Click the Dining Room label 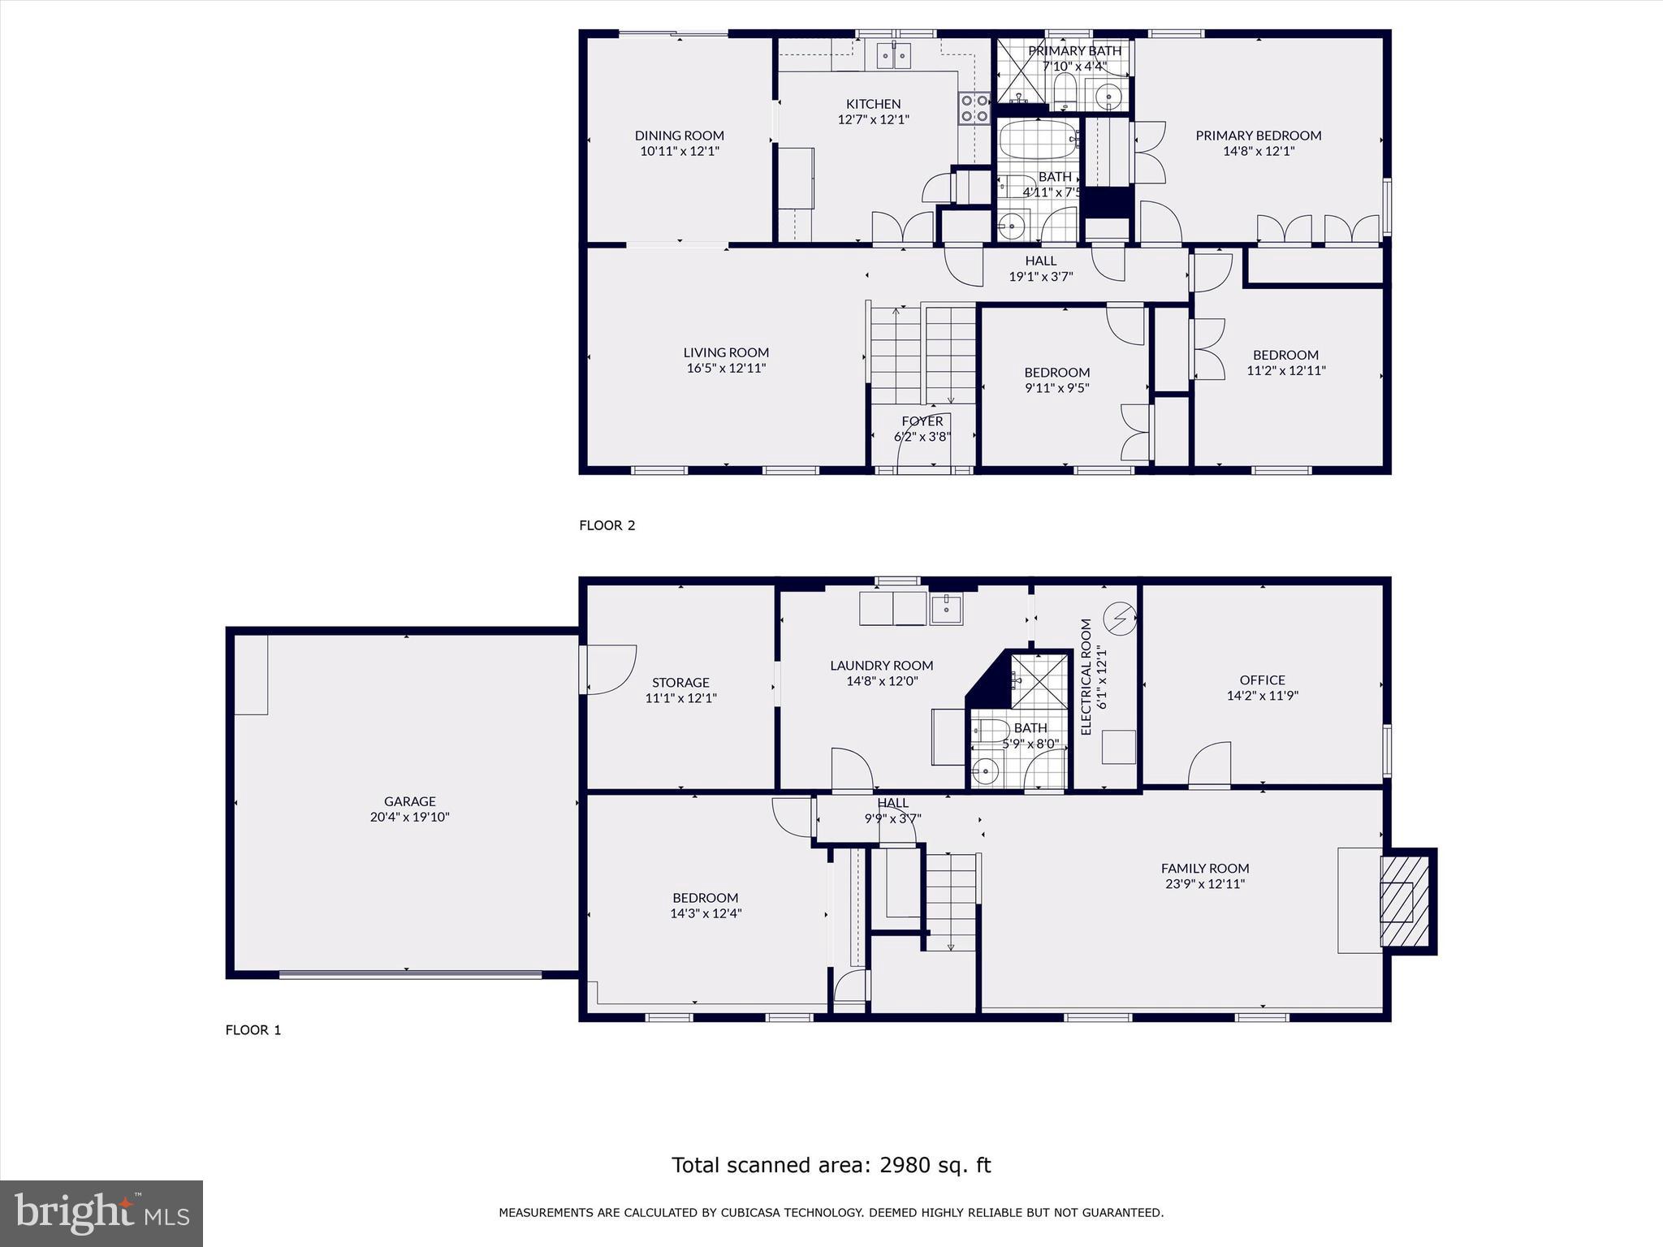click(x=679, y=136)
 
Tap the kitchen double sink click(x=893, y=56)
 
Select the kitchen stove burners click(x=974, y=109)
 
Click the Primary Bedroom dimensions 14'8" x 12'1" click(x=1258, y=151)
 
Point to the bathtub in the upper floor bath click(x=1037, y=140)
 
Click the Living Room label click(x=725, y=352)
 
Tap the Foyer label click(x=922, y=421)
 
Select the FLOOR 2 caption click(x=607, y=525)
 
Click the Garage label click(x=409, y=801)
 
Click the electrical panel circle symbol click(x=1121, y=619)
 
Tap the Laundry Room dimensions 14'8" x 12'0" click(x=882, y=681)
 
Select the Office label click(x=1262, y=680)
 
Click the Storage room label click(x=680, y=683)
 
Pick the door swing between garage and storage click(x=609, y=669)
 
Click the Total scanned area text click(x=831, y=1165)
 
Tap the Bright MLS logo click(x=102, y=1213)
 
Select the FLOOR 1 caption click(x=253, y=1030)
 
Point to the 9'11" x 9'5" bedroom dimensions click(x=1056, y=388)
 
